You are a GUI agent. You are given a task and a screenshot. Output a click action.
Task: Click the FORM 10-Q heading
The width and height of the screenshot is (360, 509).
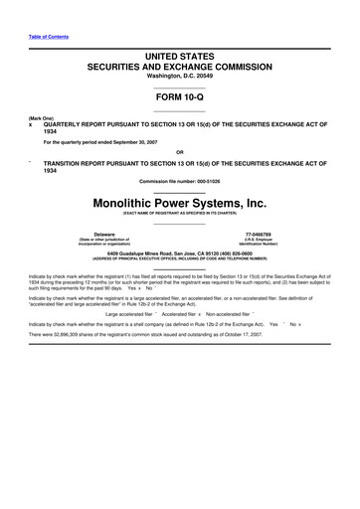180,99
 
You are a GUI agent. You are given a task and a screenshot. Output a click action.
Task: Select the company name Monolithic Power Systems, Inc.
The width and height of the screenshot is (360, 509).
180,201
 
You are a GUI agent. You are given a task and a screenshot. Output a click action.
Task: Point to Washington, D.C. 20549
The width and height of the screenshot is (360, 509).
180,82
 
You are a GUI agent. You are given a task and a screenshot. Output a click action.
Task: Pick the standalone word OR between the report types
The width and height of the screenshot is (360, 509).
180,152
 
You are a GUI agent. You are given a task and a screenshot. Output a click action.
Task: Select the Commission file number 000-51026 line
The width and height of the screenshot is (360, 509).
180,180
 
